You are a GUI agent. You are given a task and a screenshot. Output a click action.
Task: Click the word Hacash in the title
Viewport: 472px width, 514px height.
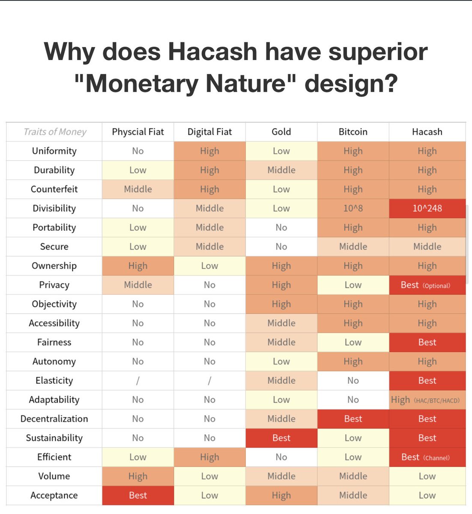point(212,52)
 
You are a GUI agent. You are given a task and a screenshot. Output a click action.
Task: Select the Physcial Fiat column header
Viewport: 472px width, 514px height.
point(138,132)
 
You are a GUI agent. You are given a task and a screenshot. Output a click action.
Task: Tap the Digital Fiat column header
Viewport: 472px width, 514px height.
point(209,132)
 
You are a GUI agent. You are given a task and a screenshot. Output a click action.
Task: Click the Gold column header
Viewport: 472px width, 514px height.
point(281,132)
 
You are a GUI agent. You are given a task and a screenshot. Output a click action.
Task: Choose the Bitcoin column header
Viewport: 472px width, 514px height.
point(353,132)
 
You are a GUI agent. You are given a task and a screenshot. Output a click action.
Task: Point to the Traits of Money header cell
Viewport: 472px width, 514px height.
point(54,132)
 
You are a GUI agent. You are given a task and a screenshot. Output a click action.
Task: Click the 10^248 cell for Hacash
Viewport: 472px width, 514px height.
point(427,209)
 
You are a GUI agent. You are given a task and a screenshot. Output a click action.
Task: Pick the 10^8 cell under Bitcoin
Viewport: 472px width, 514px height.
point(353,209)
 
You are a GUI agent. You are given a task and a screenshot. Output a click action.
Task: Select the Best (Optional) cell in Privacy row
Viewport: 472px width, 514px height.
point(427,285)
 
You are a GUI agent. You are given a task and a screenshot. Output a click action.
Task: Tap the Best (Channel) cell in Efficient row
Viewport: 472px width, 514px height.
point(427,457)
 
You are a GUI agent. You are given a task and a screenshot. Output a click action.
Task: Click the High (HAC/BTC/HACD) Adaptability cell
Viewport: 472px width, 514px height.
point(427,400)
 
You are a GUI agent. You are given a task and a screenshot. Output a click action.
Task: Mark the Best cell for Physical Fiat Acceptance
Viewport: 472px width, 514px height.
point(138,496)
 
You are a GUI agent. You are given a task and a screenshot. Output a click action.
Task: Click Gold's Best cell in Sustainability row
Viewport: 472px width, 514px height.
point(281,438)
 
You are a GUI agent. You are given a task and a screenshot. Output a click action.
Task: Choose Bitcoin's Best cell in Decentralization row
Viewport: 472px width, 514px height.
point(353,419)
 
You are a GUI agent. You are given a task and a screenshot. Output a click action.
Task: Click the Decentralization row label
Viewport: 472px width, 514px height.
point(54,419)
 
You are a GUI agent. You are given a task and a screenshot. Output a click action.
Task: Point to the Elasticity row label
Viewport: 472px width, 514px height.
point(54,381)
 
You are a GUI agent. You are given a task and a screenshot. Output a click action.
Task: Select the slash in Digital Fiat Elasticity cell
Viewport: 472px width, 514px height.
point(209,381)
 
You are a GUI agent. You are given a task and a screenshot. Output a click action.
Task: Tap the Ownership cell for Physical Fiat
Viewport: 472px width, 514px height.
point(138,266)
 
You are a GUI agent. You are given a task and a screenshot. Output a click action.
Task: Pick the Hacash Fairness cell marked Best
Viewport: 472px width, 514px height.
point(427,343)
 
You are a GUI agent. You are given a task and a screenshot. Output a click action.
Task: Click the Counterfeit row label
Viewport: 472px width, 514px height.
point(54,189)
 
